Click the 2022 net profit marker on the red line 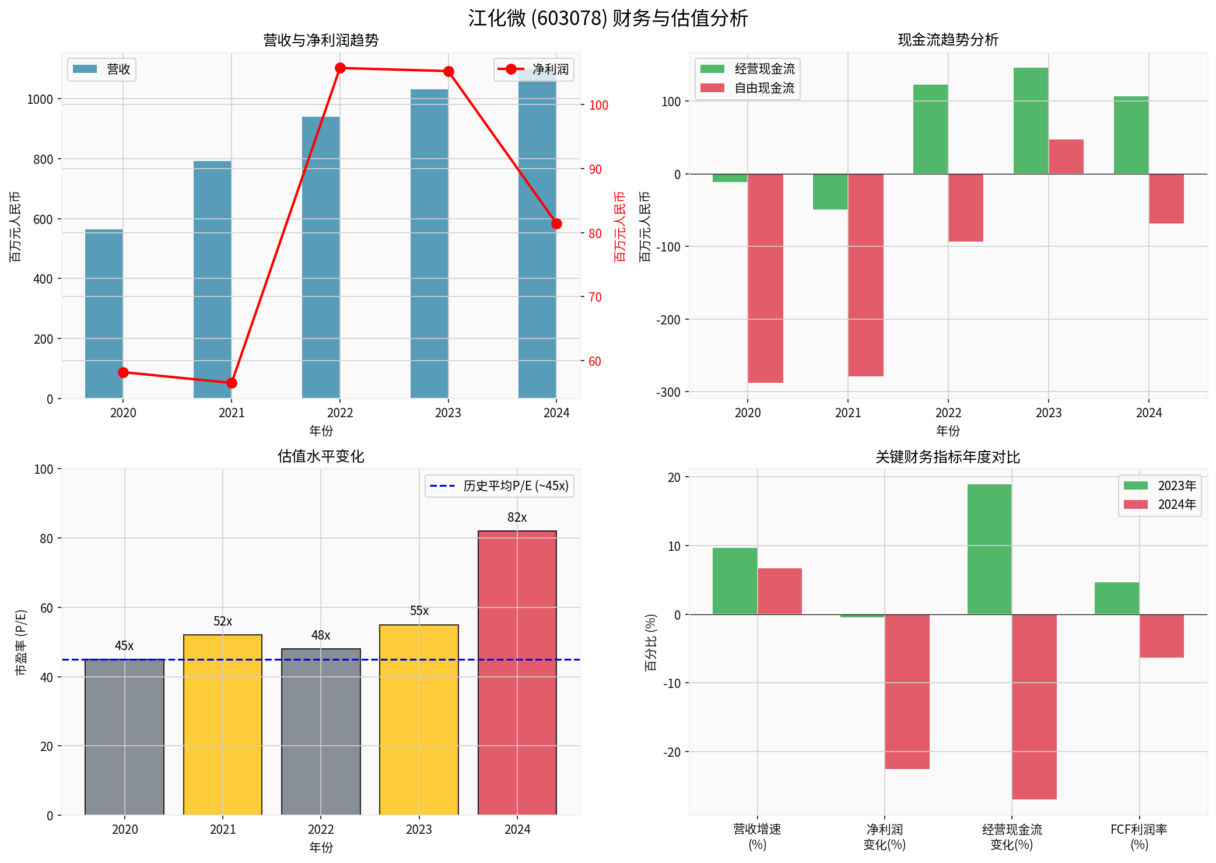pos(341,68)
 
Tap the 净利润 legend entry pos(534,69)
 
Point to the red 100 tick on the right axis pos(598,105)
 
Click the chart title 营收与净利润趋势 pos(321,40)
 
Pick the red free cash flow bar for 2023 pos(1066,156)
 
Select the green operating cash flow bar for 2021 pos(830,191)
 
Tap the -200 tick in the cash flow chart pos(668,320)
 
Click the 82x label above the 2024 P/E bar pos(517,518)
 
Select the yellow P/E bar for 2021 pos(222,724)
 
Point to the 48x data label pos(320,635)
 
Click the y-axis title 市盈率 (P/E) pos(20,642)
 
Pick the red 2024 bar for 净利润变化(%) pos(906,691)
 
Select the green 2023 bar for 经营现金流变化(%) pos(989,549)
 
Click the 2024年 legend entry pos(1161,505)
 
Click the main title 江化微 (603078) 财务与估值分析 pos(608,18)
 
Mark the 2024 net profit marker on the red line pos(556,224)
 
